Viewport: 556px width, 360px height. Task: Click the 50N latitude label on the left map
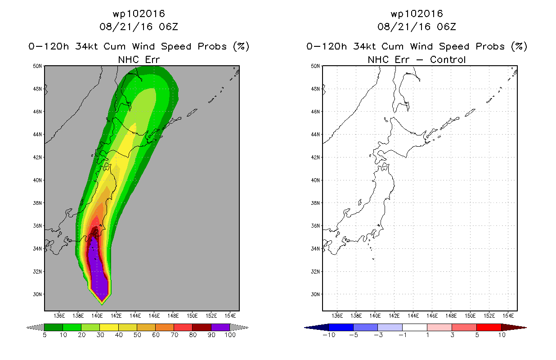pyautogui.click(x=37, y=66)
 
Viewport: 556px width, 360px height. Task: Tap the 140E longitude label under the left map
pyautogui.click(x=97, y=316)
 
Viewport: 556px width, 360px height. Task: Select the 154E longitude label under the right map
pyautogui.click(x=508, y=316)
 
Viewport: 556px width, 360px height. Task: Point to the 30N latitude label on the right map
pyautogui.click(x=315, y=294)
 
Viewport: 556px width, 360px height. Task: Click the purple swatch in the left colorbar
pyautogui.click(x=220, y=327)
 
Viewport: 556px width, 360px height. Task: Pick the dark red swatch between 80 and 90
pyautogui.click(x=202, y=327)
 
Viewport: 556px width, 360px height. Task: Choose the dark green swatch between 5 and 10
pyautogui.click(x=54, y=327)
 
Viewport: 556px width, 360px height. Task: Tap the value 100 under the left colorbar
pyautogui.click(x=230, y=335)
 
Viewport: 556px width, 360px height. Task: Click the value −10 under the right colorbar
pyautogui.click(x=329, y=335)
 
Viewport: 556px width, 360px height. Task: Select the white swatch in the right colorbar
pyautogui.click(x=414, y=327)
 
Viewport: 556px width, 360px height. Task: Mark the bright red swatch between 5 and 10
pyautogui.click(x=489, y=327)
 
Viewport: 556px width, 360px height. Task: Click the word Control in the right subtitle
pyautogui.click(x=448, y=59)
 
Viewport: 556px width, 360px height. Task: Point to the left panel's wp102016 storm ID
pyautogui.click(x=139, y=13)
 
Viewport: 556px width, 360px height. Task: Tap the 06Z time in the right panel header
pyautogui.click(x=447, y=27)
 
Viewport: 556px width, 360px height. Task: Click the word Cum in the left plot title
pyautogui.click(x=114, y=46)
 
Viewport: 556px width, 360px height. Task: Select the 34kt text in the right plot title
pyautogui.click(x=365, y=46)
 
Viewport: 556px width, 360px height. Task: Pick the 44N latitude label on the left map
pyautogui.click(x=37, y=135)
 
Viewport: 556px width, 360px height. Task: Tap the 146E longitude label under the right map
pyautogui.click(x=432, y=316)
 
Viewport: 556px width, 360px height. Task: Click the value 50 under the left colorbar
pyautogui.click(x=137, y=335)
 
